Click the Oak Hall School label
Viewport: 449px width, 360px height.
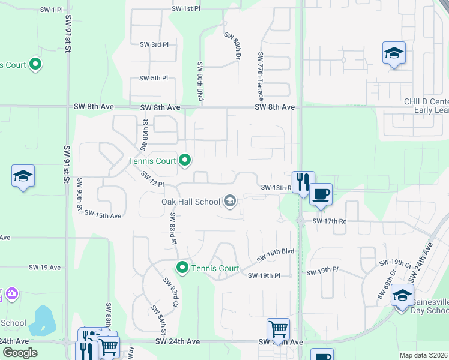point(191,202)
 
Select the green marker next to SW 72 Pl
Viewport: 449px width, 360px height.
point(185,160)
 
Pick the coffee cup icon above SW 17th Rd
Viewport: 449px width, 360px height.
point(321,194)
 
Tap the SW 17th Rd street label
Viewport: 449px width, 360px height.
point(330,221)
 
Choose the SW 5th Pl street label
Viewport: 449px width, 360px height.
point(154,79)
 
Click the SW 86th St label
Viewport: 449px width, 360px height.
point(144,136)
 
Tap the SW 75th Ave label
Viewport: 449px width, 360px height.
point(103,214)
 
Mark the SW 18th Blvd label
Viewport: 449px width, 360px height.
point(276,255)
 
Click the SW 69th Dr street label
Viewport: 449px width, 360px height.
point(386,284)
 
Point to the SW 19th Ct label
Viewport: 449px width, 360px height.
point(394,263)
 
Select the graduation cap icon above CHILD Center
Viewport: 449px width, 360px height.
point(394,53)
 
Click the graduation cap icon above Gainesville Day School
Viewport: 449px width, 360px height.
point(402,295)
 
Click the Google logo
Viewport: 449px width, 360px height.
point(21,353)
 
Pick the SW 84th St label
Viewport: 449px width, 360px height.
point(158,320)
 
